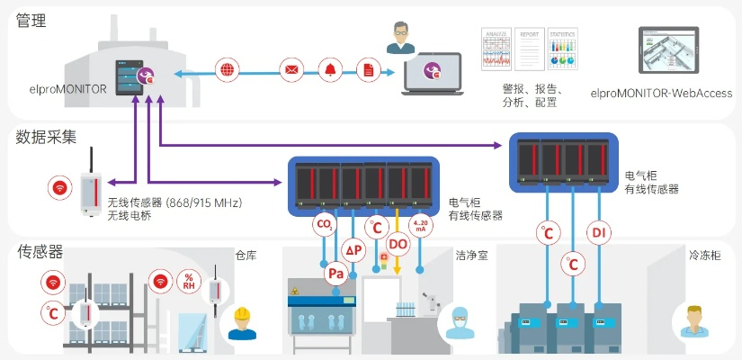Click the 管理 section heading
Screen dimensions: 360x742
tap(31, 21)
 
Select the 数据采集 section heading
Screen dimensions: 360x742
tap(46, 137)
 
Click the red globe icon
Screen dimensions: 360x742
tap(228, 69)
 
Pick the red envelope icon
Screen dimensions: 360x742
tap(291, 69)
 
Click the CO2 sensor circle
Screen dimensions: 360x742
tap(324, 224)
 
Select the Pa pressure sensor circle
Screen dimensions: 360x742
tap(336, 273)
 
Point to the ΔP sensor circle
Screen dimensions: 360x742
tap(354, 249)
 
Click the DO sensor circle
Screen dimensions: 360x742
tap(398, 243)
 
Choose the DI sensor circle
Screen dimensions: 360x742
tap(599, 234)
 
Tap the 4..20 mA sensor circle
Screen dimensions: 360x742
tap(420, 224)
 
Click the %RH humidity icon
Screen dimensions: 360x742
tap(189, 281)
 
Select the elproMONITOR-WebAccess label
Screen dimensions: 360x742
tap(661, 94)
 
